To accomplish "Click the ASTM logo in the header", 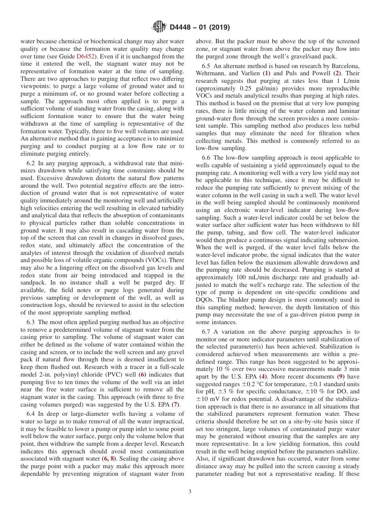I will click(159, 27).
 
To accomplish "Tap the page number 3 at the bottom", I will click(190, 492).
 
